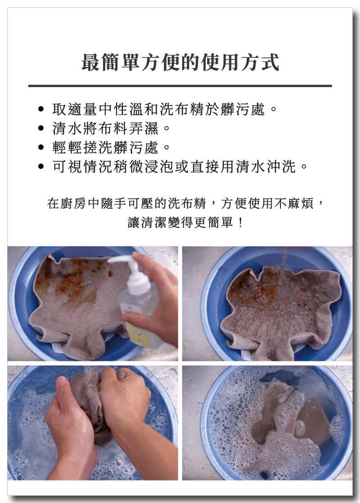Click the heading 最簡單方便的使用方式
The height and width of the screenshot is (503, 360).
coord(180,62)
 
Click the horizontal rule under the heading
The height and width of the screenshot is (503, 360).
coord(180,86)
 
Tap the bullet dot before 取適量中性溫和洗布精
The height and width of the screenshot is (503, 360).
coord(41,109)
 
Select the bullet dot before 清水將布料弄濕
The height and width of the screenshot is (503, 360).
coord(41,128)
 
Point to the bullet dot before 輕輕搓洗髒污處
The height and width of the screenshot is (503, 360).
coord(41,147)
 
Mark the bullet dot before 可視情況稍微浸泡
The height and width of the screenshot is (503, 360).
coord(41,166)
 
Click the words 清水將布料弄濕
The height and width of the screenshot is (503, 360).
coord(106,128)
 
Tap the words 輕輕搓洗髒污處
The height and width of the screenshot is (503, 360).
coord(106,147)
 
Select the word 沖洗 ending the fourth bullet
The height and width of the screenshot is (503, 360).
coord(282,166)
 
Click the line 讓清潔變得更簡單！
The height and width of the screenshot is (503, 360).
coord(186,222)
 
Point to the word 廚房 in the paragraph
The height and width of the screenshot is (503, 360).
coord(73,203)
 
